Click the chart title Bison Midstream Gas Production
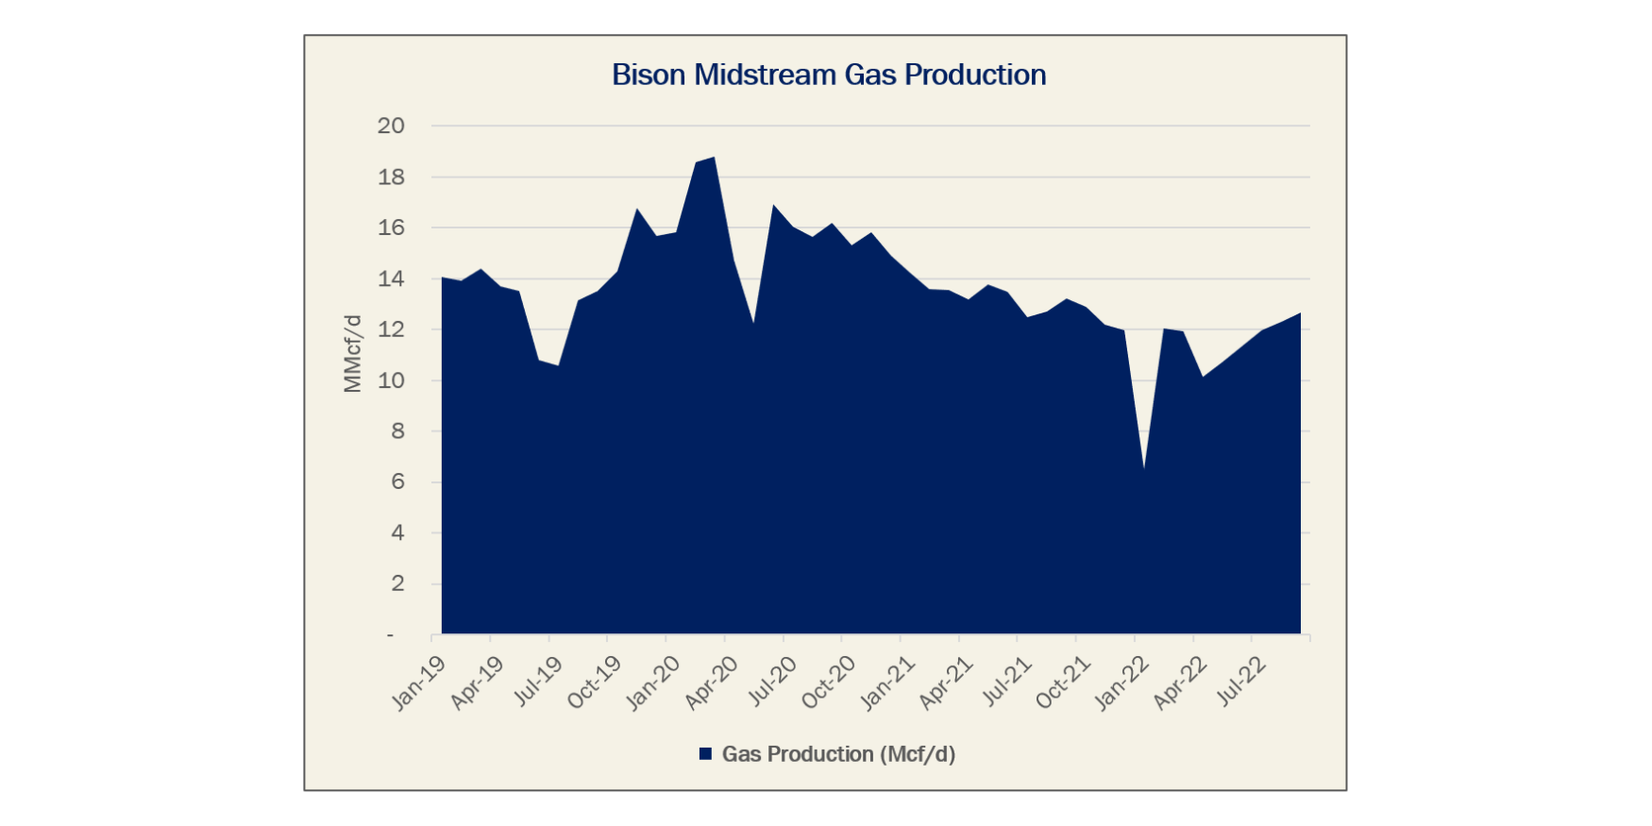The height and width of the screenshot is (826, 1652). (829, 75)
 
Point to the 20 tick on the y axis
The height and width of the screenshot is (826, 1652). (391, 126)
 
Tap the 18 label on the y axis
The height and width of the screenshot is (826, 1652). (391, 177)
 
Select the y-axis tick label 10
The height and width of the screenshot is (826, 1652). (391, 380)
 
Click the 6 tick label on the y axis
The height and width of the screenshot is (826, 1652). (397, 481)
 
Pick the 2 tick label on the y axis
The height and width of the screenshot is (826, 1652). (397, 583)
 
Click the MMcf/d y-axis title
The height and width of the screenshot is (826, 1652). (352, 353)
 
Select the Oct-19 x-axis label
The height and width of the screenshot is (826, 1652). (595, 682)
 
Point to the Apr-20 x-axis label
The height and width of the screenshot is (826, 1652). (712, 682)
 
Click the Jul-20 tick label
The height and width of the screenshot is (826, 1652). (772, 682)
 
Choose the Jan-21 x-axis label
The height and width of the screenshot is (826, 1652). (888, 682)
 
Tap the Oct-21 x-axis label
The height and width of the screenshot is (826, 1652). (1064, 682)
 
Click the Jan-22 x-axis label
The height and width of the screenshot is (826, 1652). (1122, 682)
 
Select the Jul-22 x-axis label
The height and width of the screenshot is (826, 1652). (1241, 682)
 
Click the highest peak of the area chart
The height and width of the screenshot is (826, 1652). (714, 158)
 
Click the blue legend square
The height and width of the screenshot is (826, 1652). (705, 754)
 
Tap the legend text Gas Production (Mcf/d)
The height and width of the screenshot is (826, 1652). (838, 754)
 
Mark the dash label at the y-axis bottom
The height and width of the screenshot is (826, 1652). (390, 635)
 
